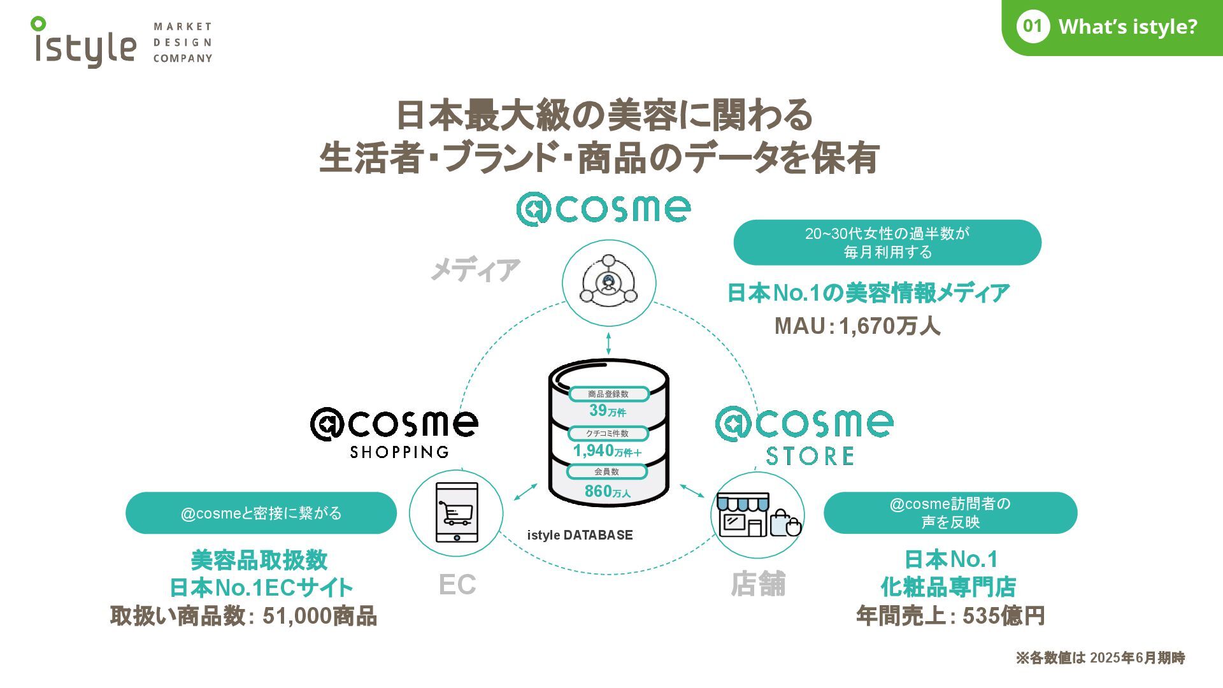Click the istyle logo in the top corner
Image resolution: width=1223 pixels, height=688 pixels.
pyautogui.click(x=84, y=43)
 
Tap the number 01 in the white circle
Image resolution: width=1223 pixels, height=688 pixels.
pyautogui.click(x=1033, y=26)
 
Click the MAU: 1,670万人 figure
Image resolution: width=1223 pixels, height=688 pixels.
pyautogui.click(x=857, y=326)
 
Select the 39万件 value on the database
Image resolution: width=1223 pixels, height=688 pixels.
pyautogui.click(x=607, y=410)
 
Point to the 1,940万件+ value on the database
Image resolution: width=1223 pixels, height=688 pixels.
pyautogui.click(x=607, y=451)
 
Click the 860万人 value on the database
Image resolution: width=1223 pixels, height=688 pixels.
pyautogui.click(x=607, y=491)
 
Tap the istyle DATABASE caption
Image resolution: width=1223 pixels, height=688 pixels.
pyautogui.click(x=580, y=535)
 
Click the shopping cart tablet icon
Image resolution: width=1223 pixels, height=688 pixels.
pyautogui.click(x=456, y=513)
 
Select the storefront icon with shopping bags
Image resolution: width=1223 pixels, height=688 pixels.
pyautogui.click(x=757, y=514)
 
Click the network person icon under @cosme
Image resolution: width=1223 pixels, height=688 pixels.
pyautogui.click(x=608, y=282)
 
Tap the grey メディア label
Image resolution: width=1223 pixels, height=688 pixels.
pyautogui.click(x=475, y=269)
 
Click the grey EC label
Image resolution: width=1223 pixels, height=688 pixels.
pyautogui.click(x=457, y=585)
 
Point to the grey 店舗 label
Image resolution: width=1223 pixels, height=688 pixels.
pyautogui.click(x=758, y=584)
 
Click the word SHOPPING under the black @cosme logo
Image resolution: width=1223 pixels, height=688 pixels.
pyautogui.click(x=399, y=452)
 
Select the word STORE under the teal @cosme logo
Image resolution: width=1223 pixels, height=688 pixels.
pyautogui.click(x=810, y=456)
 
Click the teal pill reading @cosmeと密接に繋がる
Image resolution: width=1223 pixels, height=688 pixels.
pyautogui.click(x=261, y=513)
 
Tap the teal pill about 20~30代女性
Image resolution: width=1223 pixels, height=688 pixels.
pyautogui.click(x=887, y=243)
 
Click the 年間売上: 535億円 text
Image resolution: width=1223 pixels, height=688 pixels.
pyautogui.click(x=950, y=616)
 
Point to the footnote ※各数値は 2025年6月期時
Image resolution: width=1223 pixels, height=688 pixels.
pyautogui.click(x=1099, y=658)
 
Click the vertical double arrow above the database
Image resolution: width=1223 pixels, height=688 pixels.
pyautogui.click(x=608, y=343)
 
